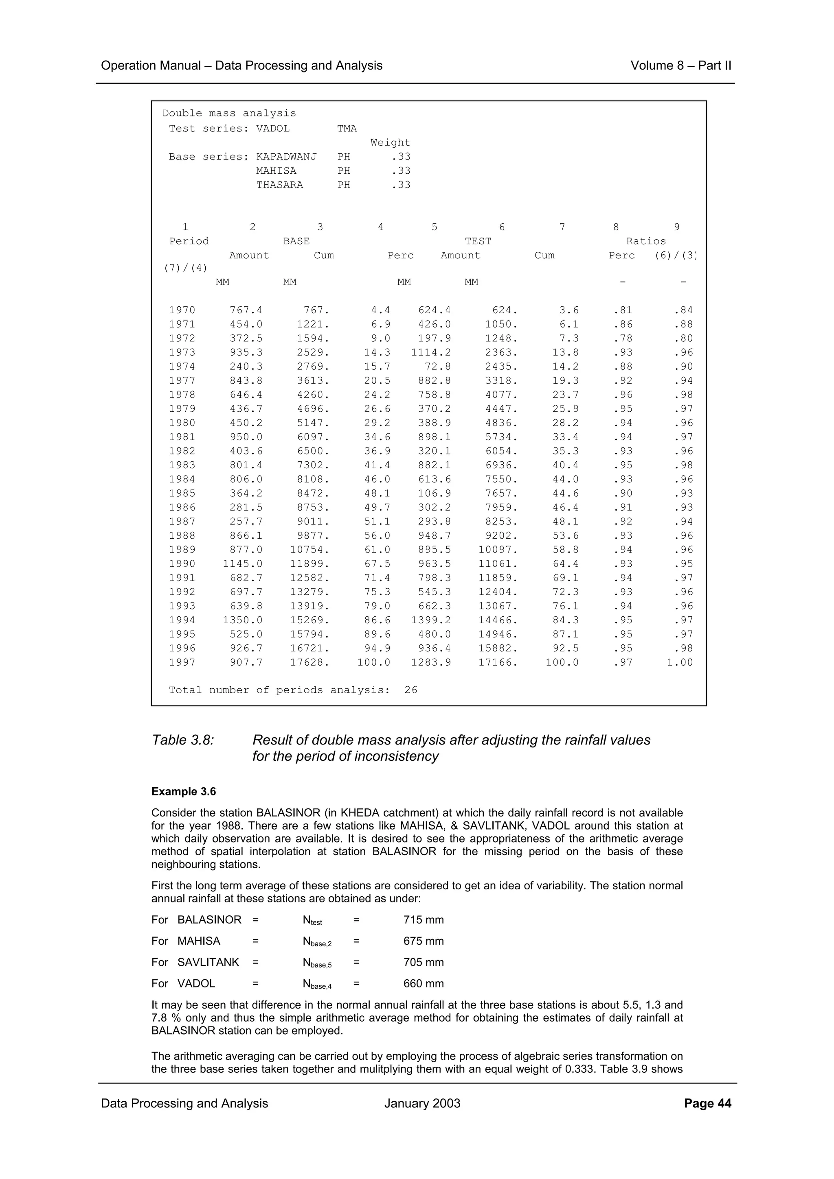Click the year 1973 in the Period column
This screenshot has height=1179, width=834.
click(182, 352)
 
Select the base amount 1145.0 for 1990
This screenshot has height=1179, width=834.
click(243, 563)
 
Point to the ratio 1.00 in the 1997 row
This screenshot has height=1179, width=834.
click(679, 662)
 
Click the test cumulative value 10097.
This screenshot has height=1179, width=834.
click(497, 550)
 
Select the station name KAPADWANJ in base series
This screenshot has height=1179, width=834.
click(286, 157)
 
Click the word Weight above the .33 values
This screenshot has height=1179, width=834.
click(390, 143)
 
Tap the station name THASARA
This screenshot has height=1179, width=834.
click(279, 185)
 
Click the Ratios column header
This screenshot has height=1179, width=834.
click(645, 241)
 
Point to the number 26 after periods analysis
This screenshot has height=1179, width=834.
click(410, 690)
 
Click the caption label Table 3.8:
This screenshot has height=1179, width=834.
click(183, 740)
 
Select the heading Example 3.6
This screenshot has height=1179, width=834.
click(183, 791)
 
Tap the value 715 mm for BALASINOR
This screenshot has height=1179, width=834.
click(424, 920)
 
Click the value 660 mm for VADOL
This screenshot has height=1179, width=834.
click(424, 983)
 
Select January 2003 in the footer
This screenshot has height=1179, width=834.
click(422, 1103)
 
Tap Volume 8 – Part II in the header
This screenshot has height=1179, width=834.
click(680, 66)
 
